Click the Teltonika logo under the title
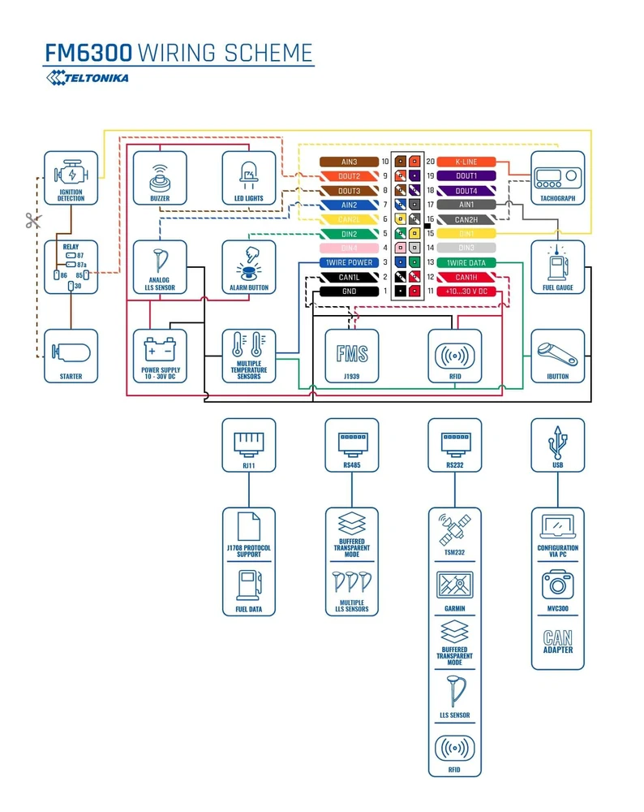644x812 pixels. (x=88, y=78)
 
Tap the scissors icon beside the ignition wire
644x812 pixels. (x=32, y=220)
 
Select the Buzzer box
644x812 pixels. (x=160, y=178)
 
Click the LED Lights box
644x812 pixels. (x=249, y=178)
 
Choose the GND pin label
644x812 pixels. (x=349, y=291)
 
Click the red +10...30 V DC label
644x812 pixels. (x=466, y=291)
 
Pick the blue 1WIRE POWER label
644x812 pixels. (x=349, y=262)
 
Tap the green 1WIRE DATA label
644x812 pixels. (x=466, y=262)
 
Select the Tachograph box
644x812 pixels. (x=557, y=178)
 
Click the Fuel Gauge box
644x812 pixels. (x=557, y=266)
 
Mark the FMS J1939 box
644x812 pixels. (x=352, y=356)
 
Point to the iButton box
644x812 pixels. (x=557, y=356)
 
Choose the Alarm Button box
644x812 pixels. (x=249, y=266)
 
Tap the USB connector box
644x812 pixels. (x=557, y=445)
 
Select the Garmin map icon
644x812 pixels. (x=454, y=585)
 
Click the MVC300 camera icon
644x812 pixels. (x=557, y=585)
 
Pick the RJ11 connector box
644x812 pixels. (x=249, y=445)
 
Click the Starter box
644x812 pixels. (x=71, y=356)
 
